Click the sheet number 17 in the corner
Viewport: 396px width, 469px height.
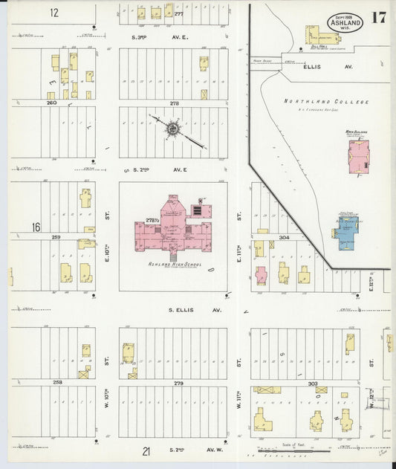[378, 19]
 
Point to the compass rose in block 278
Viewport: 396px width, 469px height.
[173, 129]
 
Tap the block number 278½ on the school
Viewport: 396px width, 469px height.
[153, 221]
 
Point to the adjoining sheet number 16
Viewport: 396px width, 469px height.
[36, 227]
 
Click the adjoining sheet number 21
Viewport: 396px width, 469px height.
[147, 450]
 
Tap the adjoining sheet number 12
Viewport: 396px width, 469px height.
[54, 13]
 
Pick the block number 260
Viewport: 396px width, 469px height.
[52, 103]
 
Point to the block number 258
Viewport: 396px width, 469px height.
[57, 382]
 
